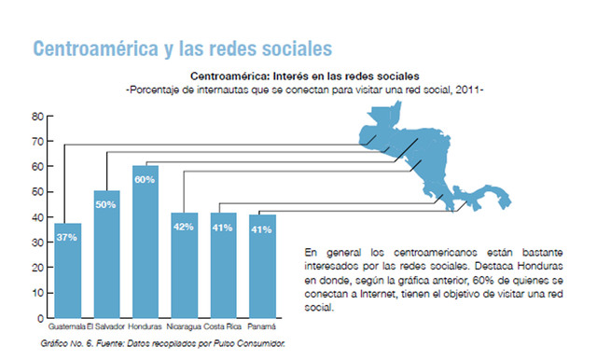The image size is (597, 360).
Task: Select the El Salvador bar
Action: coord(106,256)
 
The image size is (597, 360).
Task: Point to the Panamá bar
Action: coord(262,268)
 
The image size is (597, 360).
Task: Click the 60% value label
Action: coord(145,179)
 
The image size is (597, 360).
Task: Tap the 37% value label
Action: coord(67,237)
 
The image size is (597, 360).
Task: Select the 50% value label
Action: coord(105,204)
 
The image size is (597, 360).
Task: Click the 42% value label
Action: coord(184,226)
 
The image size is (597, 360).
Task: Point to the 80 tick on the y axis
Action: coord(38,117)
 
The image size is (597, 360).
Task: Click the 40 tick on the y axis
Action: coord(38,218)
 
